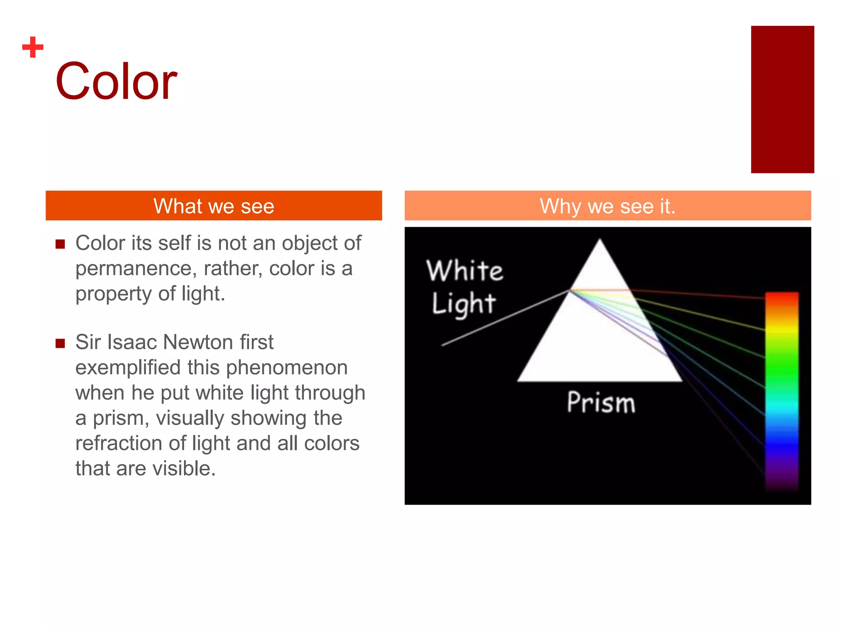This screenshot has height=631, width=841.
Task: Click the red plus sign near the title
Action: click(x=33, y=47)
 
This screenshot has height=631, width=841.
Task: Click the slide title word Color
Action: click(x=116, y=81)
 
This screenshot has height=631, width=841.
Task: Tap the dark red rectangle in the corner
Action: click(x=782, y=99)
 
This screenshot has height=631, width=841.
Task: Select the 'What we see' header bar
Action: click(x=214, y=206)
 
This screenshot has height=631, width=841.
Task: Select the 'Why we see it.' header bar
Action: click(x=607, y=206)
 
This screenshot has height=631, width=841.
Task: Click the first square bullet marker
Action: click(x=60, y=244)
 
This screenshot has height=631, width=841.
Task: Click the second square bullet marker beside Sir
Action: click(x=60, y=343)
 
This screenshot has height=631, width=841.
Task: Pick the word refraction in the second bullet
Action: click(x=119, y=443)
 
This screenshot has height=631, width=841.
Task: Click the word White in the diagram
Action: click(x=464, y=271)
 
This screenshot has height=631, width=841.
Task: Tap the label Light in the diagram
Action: click(x=464, y=304)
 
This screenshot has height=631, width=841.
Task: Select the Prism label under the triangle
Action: click(x=601, y=403)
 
